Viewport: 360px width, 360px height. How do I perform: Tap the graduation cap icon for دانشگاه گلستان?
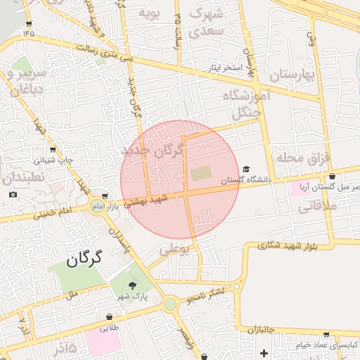[x=246, y=169]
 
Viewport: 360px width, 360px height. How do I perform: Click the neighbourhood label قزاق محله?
[x=302, y=157]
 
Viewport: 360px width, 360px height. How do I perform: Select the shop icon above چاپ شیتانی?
[x=53, y=149]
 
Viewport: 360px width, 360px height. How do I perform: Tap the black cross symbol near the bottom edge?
[x=264, y=352]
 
